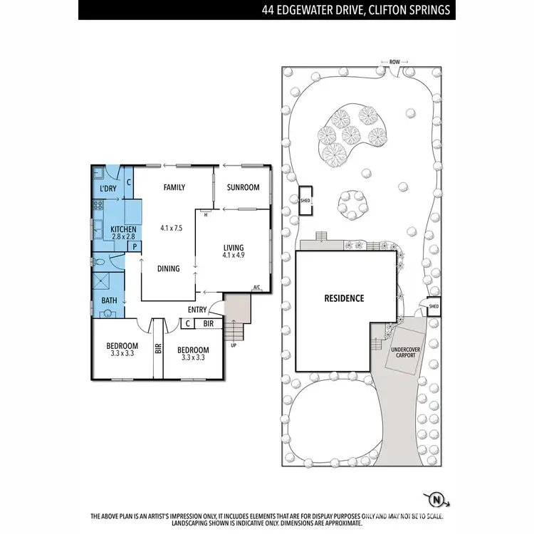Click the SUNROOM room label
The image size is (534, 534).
coord(243,188)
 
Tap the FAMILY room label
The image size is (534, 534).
coord(174,188)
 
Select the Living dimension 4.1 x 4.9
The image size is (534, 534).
coord(238,255)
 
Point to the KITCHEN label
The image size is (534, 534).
coord(114,229)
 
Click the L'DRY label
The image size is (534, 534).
coord(108,189)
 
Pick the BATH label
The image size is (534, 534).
coord(109,301)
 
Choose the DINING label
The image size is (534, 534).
coord(168,268)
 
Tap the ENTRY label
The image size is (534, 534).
coord(197,310)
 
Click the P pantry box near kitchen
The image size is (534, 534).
coord(132,246)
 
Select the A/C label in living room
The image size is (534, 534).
coord(256,288)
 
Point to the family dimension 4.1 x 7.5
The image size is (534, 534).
coord(173,229)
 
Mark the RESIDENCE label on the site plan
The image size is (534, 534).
coord(345,298)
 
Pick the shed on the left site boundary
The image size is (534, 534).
coord(306,200)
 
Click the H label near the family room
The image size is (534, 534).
coord(206,214)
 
